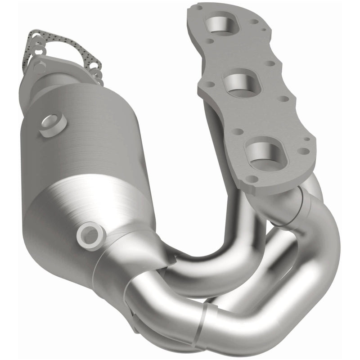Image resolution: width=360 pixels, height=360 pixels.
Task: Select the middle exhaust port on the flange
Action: pos(239,83)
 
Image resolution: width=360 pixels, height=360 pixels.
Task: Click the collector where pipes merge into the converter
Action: pos(135,270)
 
